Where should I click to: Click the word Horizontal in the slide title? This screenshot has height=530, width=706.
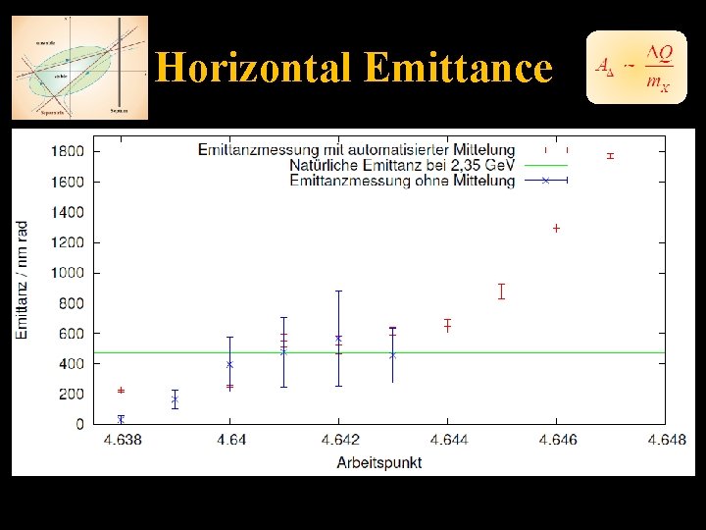[x=255, y=68]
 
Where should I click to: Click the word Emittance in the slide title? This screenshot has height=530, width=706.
[x=458, y=68]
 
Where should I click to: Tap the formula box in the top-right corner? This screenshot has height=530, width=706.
[x=631, y=67]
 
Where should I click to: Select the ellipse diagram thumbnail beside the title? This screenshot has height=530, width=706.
[x=79, y=68]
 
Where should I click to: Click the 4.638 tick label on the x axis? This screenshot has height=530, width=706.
[x=122, y=441]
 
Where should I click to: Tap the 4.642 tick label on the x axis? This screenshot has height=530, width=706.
[x=338, y=441]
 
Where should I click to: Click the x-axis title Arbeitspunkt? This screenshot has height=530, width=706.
[x=379, y=461]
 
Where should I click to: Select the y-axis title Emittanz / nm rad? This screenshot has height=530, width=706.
[x=23, y=281]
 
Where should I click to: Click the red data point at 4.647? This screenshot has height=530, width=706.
[x=610, y=156]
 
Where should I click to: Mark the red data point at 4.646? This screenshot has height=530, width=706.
[x=556, y=228]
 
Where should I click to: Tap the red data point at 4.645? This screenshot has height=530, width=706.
[x=501, y=291]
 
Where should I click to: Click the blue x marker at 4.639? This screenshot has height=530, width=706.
[x=176, y=400]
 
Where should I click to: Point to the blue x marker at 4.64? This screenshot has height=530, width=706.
[x=229, y=364]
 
